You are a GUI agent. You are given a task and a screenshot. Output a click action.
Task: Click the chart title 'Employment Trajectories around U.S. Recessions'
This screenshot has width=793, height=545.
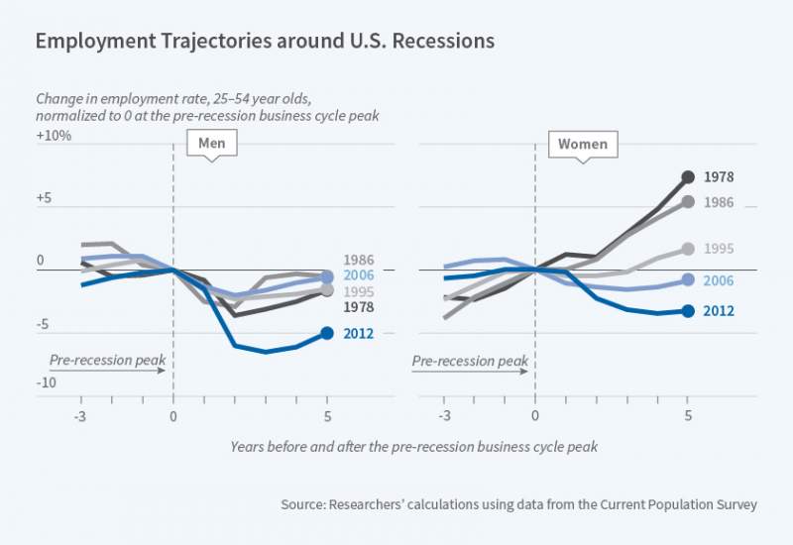(x=265, y=43)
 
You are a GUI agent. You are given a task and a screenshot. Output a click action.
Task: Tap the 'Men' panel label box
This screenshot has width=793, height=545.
(x=212, y=144)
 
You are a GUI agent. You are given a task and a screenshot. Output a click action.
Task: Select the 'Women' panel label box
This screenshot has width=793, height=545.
(x=582, y=145)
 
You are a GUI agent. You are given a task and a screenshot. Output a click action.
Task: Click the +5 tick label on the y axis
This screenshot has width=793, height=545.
(x=45, y=198)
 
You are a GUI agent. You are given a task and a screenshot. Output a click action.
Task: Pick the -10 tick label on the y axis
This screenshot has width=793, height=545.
(x=46, y=382)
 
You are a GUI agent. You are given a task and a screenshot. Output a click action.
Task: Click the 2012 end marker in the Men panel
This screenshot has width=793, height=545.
(x=327, y=333)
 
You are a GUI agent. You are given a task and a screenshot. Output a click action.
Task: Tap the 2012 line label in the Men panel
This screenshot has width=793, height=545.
(x=358, y=334)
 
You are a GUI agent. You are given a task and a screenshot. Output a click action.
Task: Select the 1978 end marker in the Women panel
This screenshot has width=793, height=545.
(x=689, y=177)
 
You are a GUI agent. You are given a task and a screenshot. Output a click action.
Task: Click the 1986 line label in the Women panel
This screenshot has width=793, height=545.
(x=719, y=202)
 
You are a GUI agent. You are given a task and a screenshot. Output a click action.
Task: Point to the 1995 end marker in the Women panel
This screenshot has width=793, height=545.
(x=689, y=250)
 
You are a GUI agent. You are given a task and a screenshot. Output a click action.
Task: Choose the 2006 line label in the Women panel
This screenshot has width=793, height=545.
(x=719, y=281)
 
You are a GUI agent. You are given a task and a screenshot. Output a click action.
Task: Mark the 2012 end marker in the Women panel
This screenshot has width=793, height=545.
(x=689, y=310)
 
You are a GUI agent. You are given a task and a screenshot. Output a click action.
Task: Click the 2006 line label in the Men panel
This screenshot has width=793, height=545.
(x=358, y=276)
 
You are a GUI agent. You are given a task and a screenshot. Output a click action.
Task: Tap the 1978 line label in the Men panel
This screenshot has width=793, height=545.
(x=358, y=308)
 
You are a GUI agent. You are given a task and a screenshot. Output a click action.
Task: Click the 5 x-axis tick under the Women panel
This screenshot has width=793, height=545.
(x=689, y=415)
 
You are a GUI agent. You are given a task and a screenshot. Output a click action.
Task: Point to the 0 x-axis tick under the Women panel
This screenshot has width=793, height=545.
(x=535, y=415)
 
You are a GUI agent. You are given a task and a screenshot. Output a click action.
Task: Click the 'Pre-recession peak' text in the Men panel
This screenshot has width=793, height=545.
(x=107, y=360)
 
